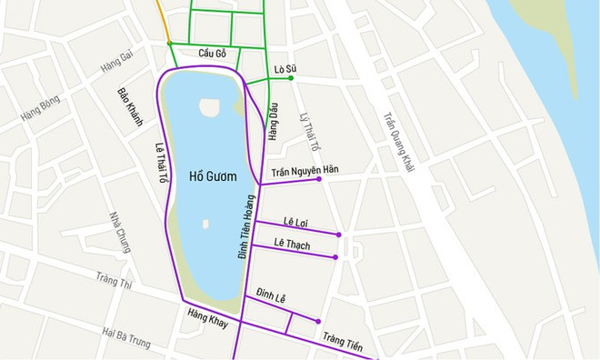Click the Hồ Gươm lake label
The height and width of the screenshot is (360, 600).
click(x=208, y=175)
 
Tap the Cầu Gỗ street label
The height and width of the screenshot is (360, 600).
click(x=213, y=54)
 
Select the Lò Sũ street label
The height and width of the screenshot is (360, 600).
click(x=285, y=69)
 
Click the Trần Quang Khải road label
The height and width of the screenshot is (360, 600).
click(x=397, y=142)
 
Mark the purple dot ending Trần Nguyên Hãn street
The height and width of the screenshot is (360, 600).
click(x=319, y=179)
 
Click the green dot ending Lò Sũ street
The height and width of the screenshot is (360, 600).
click(x=291, y=78)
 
